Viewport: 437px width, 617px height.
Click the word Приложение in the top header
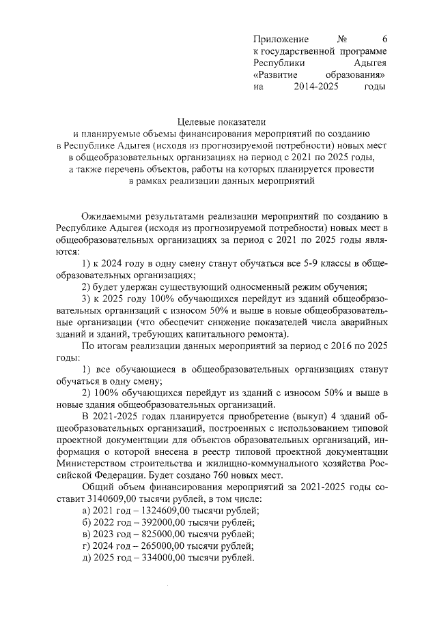point(281,39)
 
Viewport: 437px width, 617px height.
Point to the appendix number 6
point(384,39)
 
